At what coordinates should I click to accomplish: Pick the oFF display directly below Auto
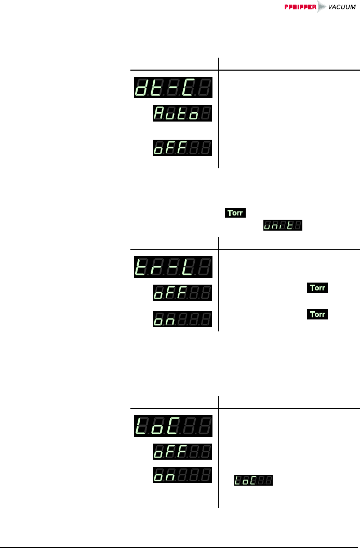click(x=182, y=148)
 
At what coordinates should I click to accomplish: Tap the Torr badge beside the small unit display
click(x=235, y=213)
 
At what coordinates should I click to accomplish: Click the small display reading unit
click(x=283, y=225)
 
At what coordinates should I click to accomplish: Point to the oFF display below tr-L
click(x=182, y=292)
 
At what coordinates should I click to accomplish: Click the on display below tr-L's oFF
click(x=182, y=319)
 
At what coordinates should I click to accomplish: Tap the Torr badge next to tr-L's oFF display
click(x=318, y=288)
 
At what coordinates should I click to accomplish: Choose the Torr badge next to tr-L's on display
click(x=318, y=314)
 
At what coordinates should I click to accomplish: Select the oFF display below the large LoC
click(x=182, y=451)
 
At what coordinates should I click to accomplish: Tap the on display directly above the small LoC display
click(x=182, y=475)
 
